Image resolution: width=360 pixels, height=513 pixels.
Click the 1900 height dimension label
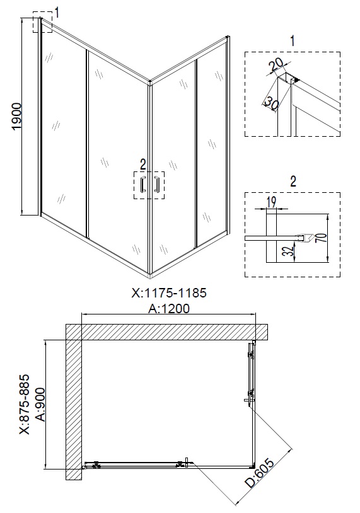17,117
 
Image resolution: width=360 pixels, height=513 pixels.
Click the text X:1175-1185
168,293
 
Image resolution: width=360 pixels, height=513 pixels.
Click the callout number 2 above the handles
143,164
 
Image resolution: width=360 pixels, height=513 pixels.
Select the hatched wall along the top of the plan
167,331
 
